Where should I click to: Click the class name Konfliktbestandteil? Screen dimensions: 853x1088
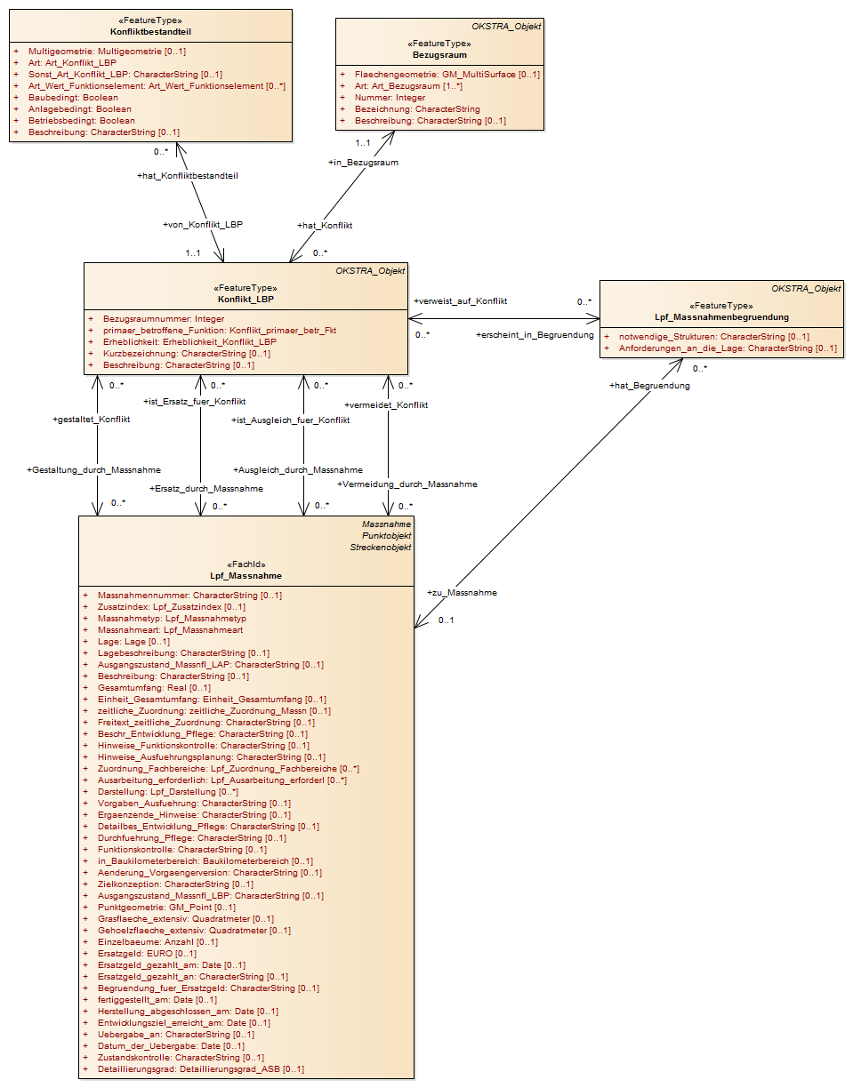click(150, 31)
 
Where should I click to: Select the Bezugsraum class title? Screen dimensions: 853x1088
click(439, 54)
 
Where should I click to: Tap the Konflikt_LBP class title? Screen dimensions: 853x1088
click(245, 299)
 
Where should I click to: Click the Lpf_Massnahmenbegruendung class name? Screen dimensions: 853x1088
click(721, 317)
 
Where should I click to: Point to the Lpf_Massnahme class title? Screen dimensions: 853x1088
click(245, 576)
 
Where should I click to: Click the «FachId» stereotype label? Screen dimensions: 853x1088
click(245, 564)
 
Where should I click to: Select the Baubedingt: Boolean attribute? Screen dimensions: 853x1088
click(73, 98)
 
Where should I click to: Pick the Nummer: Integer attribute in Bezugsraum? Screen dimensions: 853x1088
click(390, 98)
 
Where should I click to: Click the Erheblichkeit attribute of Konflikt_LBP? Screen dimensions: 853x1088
click(189, 342)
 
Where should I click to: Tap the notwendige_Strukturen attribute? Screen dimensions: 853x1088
click(713, 337)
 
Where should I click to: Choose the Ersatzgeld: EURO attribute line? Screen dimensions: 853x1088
click(148, 953)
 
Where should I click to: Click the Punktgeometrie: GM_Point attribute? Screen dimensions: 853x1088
click(167, 908)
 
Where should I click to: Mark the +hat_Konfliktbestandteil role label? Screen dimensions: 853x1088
click(188, 176)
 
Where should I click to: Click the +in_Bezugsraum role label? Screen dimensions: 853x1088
click(363, 163)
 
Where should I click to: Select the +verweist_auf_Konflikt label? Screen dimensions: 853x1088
click(461, 301)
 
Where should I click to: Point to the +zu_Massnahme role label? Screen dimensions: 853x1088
click(462, 592)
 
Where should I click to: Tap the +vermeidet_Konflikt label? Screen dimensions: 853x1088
click(386, 405)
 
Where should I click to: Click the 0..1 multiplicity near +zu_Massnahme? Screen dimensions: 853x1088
click(446, 620)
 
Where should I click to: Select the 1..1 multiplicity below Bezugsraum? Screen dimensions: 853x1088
click(363, 143)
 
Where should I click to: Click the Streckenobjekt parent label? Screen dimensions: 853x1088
click(381, 548)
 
